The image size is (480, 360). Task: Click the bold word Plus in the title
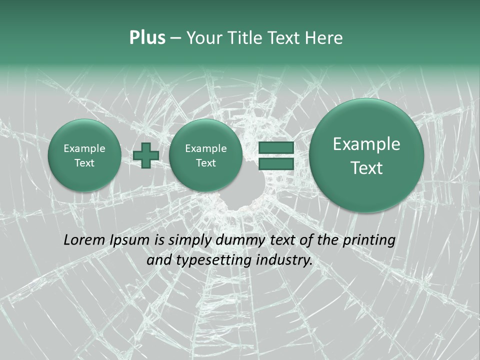tap(147, 38)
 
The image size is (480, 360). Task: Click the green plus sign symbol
tap(145, 155)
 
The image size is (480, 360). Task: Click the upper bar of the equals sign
tap(276, 147)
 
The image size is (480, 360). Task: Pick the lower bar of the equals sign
tap(276, 164)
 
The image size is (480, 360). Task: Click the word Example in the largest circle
tap(366, 144)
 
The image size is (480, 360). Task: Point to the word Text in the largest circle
tap(366, 168)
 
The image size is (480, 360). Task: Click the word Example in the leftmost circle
tap(84, 148)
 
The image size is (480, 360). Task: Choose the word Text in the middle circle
tap(205, 163)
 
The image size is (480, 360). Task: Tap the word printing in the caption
tap(368, 240)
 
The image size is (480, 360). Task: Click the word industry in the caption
tap(286, 260)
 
